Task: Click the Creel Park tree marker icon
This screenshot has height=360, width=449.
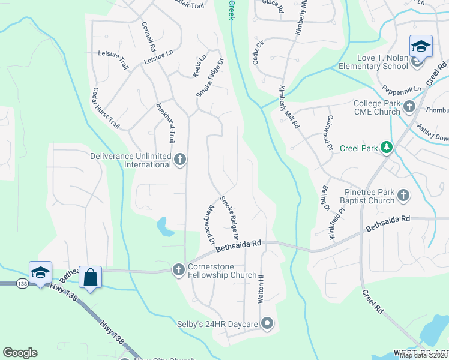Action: (x=387, y=148)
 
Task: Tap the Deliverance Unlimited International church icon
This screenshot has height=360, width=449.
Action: (x=180, y=160)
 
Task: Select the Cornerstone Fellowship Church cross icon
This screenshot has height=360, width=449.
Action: (x=178, y=270)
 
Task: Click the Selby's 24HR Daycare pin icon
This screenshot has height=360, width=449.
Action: (x=267, y=324)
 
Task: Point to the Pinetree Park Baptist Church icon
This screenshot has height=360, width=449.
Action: (x=403, y=196)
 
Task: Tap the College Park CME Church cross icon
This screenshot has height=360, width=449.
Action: (x=409, y=107)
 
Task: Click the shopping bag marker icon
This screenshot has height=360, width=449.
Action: (x=90, y=278)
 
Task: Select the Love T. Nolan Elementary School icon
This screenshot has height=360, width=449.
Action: (x=421, y=46)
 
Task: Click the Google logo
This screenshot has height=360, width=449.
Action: (x=20, y=353)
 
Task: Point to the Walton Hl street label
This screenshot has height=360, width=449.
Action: (x=261, y=290)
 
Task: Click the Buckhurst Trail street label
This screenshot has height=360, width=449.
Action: (x=165, y=123)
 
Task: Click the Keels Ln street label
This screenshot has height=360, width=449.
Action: (x=199, y=66)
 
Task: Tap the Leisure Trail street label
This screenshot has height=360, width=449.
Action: (x=113, y=61)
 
